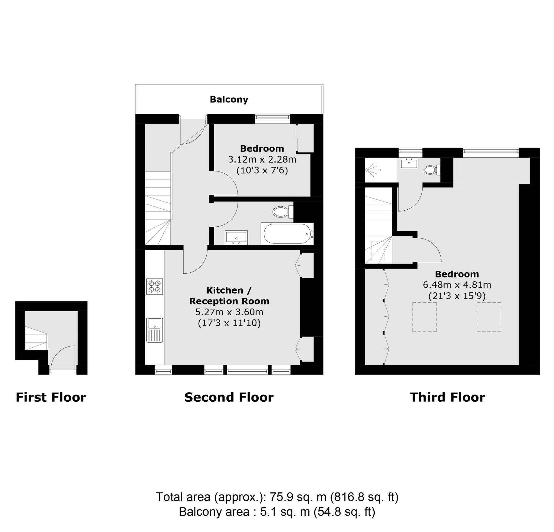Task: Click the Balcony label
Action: click(x=229, y=100)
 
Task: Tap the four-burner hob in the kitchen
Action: click(x=155, y=286)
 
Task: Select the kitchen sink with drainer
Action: click(x=155, y=330)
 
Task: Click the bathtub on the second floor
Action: click(x=287, y=234)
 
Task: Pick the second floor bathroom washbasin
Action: click(x=236, y=237)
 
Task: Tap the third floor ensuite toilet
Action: click(x=431, y=170)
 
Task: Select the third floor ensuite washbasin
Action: click(x=409, y=164)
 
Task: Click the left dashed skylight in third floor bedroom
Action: click(x=424, y=317)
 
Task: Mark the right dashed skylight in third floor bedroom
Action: click(x=489, y=317)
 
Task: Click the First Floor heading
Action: click(x=51, y=397)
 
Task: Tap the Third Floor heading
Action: click(x=447, y=397)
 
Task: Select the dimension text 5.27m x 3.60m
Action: click(x=229, y=312)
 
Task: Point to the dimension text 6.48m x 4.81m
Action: click(x=457, y=285)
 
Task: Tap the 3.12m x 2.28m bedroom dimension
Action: click(x=262, y=159)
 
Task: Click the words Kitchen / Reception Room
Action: click(x=229, y=296)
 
